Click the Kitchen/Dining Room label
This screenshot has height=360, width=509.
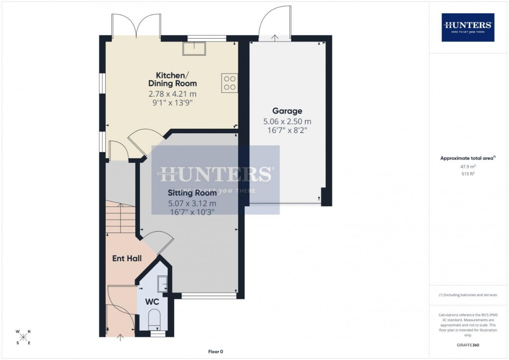[173, 79]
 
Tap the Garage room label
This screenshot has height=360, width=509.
[287, 111]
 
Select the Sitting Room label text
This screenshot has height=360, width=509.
[192, 193]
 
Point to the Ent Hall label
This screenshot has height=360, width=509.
[127, 259]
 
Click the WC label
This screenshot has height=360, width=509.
[152, 302]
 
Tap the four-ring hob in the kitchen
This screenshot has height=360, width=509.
[230, 83]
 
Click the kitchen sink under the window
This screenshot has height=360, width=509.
[194, 48]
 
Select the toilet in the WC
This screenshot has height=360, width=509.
[154, 319]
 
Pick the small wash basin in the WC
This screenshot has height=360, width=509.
[163, 284]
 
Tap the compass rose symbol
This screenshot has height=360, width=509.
[23, 337]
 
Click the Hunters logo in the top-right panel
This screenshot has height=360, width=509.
[468, 28]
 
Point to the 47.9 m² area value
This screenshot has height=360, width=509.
[468, 166]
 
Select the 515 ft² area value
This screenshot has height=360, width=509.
[468, 174]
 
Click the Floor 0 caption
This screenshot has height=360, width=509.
[215, 352]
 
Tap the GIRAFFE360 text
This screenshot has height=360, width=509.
[468, 345]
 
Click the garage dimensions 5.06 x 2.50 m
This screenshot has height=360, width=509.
[287, 122]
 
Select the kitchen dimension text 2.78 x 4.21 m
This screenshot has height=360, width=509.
[173, 94]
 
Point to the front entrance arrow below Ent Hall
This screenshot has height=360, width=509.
[120, 337]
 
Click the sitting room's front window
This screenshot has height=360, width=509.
[209, 296]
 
